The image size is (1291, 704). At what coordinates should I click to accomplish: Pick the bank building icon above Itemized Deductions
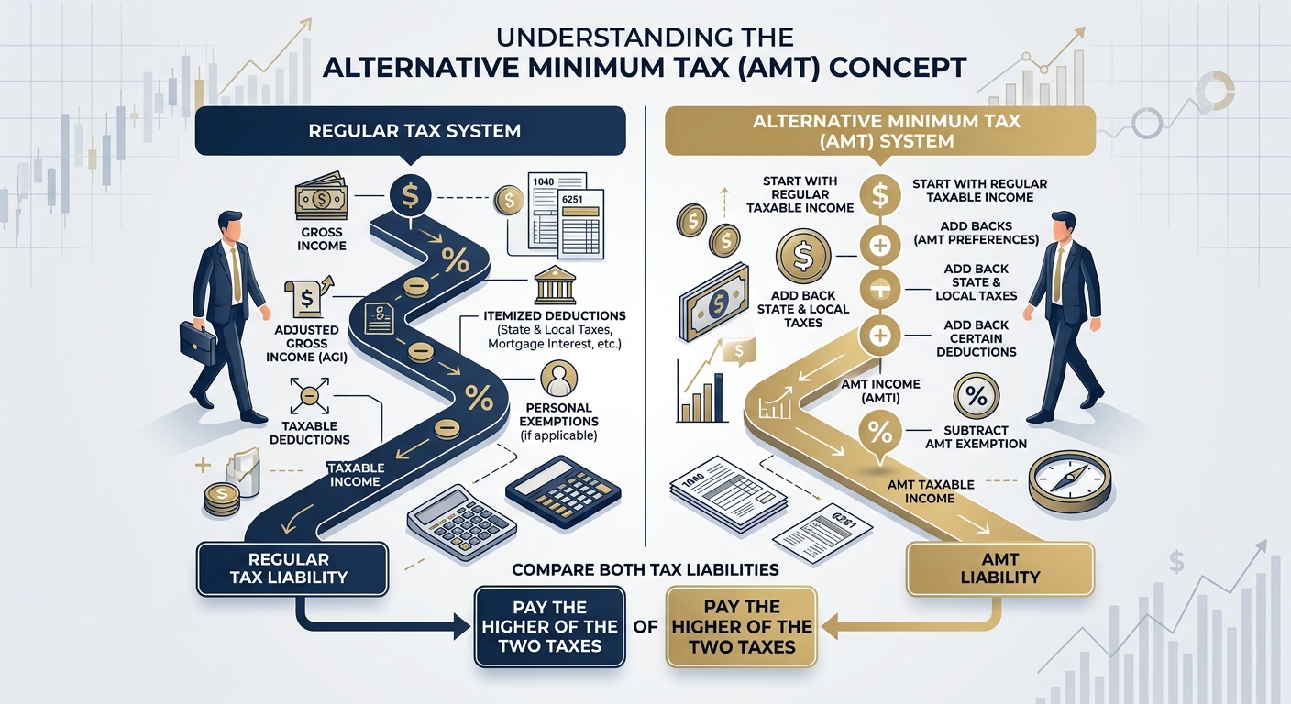(x=552, y=285)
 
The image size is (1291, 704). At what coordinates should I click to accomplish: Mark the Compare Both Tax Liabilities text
(x=645, y=570)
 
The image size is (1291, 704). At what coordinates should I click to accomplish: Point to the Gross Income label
(x=322, y=238)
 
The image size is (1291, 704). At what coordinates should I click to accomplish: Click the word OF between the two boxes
(x=645, y=628)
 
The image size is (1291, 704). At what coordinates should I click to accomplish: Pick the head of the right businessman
(x=1064, y=225)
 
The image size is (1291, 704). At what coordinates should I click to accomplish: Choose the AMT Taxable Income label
(x=930, y=490)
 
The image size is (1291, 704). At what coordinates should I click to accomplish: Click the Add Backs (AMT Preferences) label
(x=976, y=233)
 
